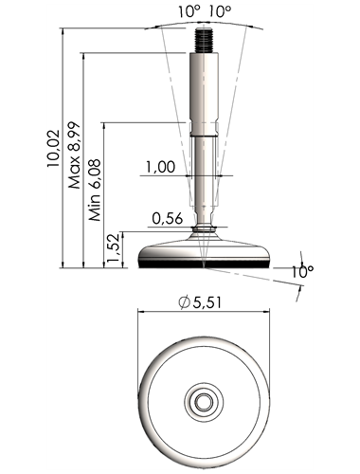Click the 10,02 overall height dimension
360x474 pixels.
[x=53, y=148]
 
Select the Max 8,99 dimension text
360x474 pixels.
[x=75, y=155]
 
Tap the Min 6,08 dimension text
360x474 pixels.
[x=95, y=190]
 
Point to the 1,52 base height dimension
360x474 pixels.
[x=113, y=248]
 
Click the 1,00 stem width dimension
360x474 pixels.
[x=160, y=167]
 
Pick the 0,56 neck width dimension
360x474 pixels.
[x=168, y=218]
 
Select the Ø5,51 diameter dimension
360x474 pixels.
[x=200, y=302]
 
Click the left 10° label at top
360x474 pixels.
[x=189, y=12]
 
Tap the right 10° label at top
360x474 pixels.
[x=220, y=12]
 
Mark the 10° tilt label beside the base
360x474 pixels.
[x=302, y=272]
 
